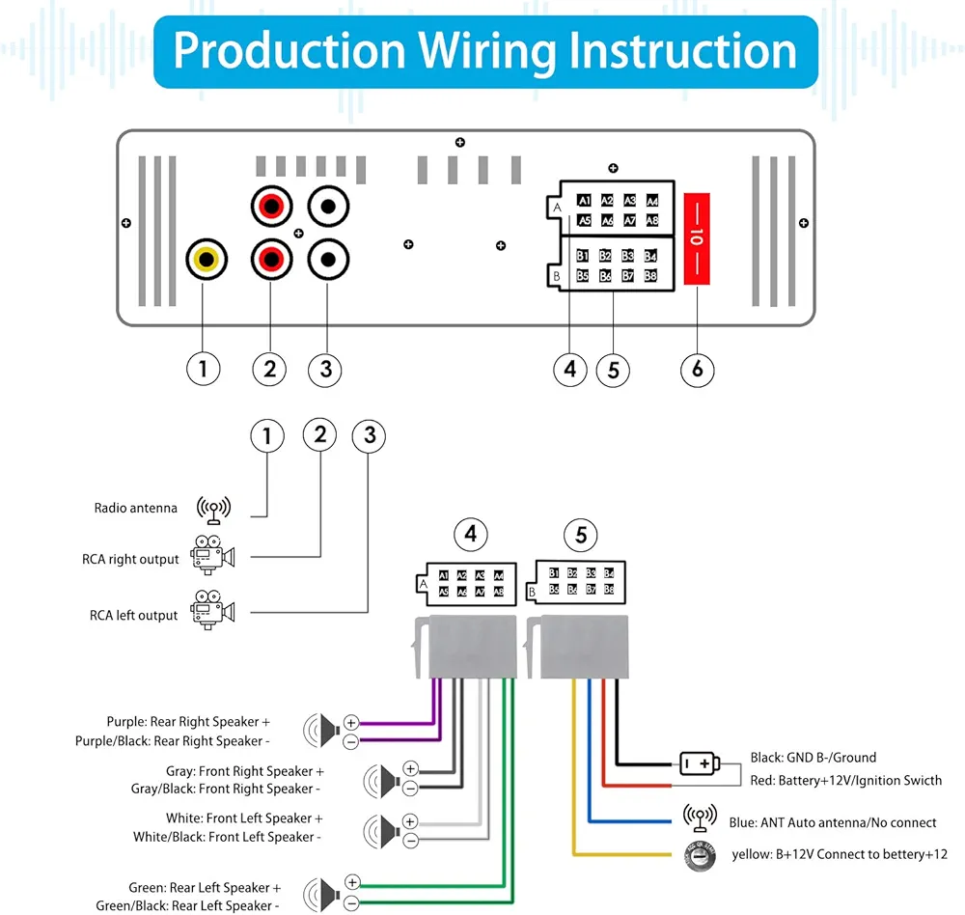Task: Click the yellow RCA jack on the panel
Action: coord(205,260)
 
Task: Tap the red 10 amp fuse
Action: coord(697,237)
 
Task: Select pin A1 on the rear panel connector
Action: coord(584,201)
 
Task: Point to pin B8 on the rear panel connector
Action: coord(650,276)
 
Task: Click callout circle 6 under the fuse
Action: coord(698,369)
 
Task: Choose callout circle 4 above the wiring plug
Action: coord(470,535)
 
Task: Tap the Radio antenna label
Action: coord(136,508)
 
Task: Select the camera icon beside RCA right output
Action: coord(213,556)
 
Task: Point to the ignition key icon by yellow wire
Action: coord(698,856)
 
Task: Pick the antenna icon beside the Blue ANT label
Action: coord(700,818)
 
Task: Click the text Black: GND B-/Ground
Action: coord(813,758)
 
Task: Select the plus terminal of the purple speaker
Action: coord(351,721)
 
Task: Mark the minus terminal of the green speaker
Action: coord(351,903)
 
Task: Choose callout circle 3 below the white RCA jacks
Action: coord(325,369)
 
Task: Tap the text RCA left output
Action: coord(134,615)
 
